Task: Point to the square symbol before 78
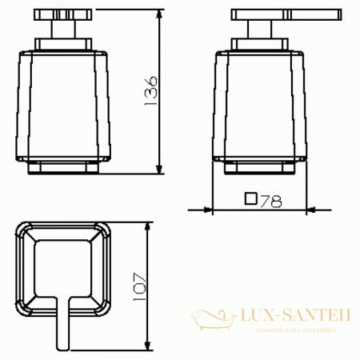250,200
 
